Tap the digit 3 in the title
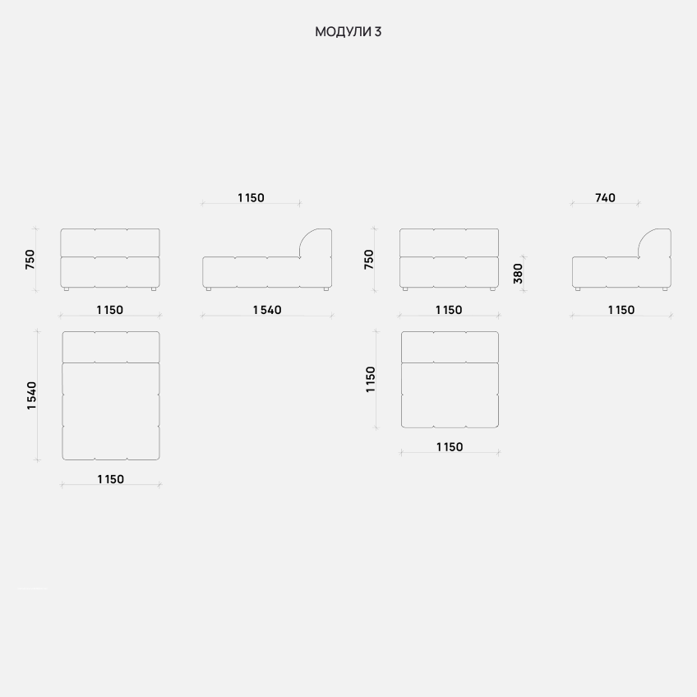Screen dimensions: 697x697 click(x=377, y=32)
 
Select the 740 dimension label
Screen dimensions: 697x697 click(x=605, y=197)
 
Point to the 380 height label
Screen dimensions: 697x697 click(x=518, y=273)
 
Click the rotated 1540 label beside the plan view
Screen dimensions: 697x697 click(x=32, y=395)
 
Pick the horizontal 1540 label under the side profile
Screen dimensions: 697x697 click(x=267, y=310)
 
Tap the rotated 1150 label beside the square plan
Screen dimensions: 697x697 click(x=371, y=379)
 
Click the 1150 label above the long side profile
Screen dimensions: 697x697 click(x=251, y=197)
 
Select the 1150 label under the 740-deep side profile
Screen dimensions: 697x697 click(x=621, y=310)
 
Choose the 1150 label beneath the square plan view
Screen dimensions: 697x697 click(x=449, y=447)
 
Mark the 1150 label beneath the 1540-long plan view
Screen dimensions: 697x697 click(x=110, y=479)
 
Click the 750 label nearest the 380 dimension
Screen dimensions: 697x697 click(x=369, y=259)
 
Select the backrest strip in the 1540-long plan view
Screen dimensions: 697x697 click(x=111, y=346)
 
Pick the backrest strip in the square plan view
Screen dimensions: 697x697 click(x=450, y=346)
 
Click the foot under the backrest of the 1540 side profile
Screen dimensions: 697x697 click(x=325, y=289)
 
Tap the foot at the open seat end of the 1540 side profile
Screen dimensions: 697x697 click(x=210, y=289)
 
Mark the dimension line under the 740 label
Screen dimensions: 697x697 click(x=605, y=203)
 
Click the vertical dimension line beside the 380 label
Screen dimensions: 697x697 click(x=524, y=273)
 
